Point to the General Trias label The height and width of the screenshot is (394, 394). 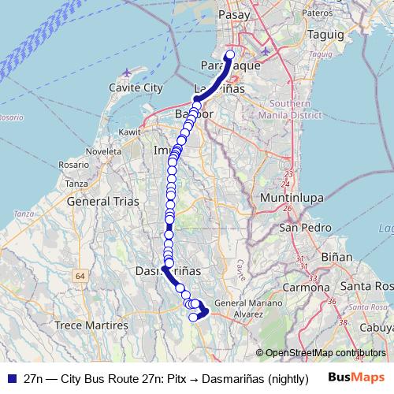pyautogui.click(x=104, y=202)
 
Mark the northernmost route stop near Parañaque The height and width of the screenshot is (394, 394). pyautogui.click(x=230, y=55)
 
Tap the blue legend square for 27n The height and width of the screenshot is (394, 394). pyautogui.click(x=10, y=377)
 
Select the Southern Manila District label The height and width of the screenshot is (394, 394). pyautogui.click(x=298, y=108)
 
